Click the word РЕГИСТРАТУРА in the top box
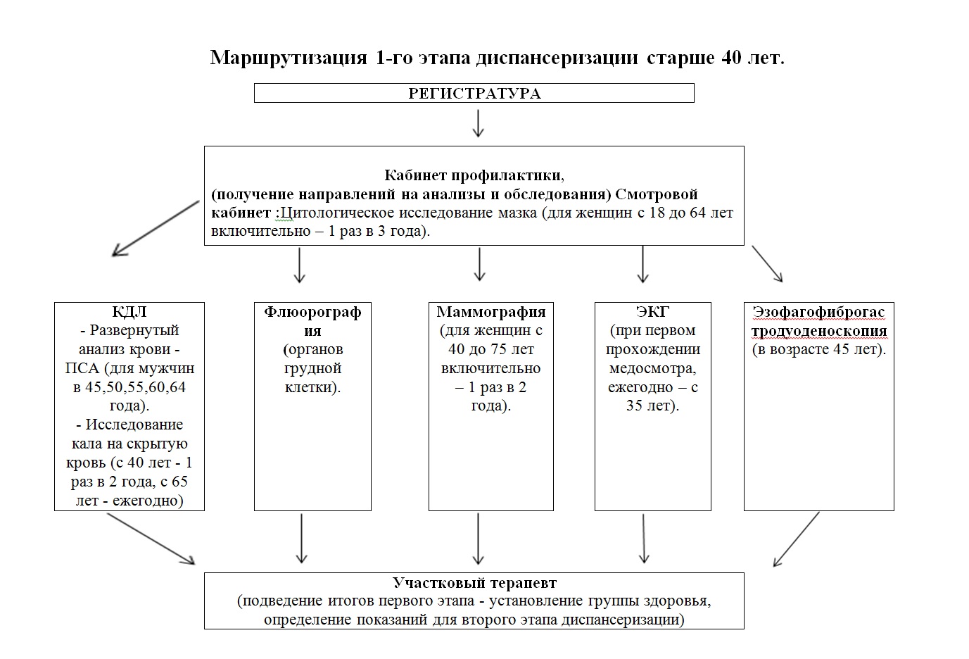[474, 94]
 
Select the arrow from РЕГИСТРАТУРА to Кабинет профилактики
[478, 123]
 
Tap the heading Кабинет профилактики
[474, 175]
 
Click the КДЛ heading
[129, 312]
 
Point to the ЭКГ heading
[652, 311]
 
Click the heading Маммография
[491, 312]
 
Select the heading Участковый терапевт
[474, 583]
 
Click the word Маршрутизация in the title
[289, 58]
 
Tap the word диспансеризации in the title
[557, 58]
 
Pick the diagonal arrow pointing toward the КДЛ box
[156, 228]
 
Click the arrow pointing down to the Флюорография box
[299, 265]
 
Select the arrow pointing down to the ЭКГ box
[642, 265]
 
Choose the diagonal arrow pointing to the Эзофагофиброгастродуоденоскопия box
[767, 264]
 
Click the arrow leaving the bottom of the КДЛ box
[151, 539]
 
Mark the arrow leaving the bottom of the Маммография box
[478, 539]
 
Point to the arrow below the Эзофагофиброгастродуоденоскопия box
[796, 539]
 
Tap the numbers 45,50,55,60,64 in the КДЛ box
[136, 387]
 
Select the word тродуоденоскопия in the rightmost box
[819, 331]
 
